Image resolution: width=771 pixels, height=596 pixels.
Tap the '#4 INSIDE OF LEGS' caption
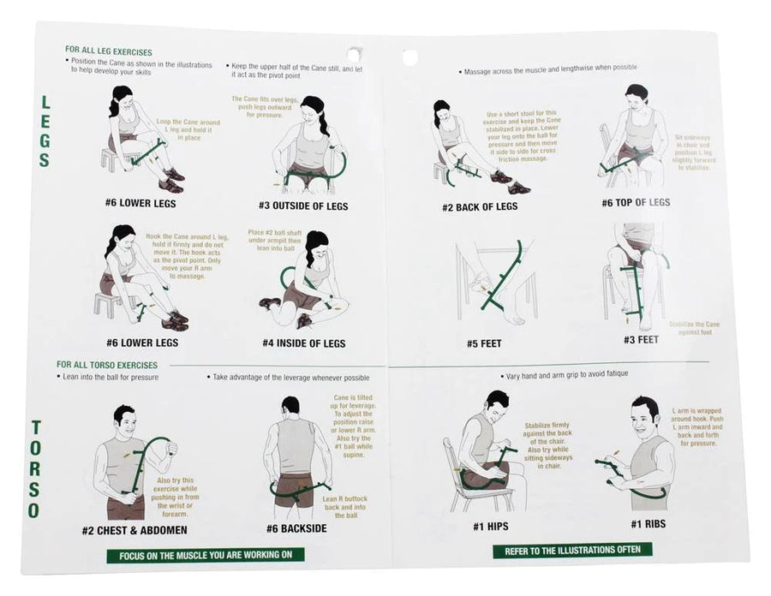pyautogui.click(x=303, y=343)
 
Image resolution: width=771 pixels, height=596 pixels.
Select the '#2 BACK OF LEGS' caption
pyautogui.click(x=480, y=206)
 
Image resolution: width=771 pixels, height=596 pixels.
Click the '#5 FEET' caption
pyautogui.click(x=484, y=343)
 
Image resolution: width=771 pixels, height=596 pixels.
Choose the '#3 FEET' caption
pyautogui.click(x=642, y=339)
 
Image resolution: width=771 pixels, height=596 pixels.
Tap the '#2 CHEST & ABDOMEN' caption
pyautogui.click(x=134, y=530)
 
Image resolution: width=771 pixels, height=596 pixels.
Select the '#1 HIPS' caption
pyautogui.click(x=491, y=525)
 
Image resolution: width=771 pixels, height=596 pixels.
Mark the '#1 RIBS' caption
pyautogui.click(x=648, y=523)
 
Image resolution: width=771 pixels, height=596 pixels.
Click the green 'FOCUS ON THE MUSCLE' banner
pyautogui.click(x=206, y=555)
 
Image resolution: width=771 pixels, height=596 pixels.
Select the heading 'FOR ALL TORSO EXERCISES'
pyautogui.click(x=107, y=364)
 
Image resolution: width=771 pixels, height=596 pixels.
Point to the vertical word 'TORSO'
pyautogui.click(x=35, y=469)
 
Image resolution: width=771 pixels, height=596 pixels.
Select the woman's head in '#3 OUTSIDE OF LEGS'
pyautogui.click(x=314, y=109)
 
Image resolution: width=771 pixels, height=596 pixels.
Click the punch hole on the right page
pyautogui.click(x=410, y=57)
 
